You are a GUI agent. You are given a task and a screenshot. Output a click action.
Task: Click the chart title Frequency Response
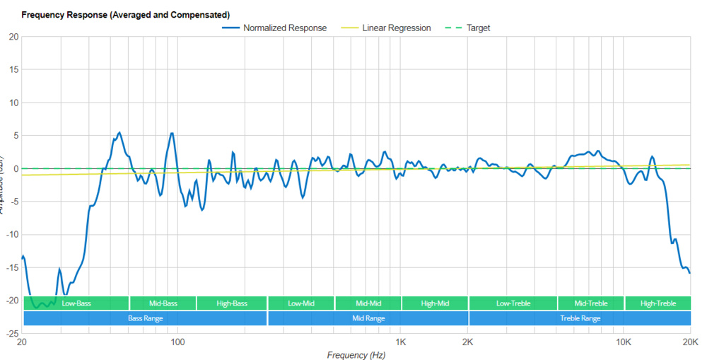click(x=126, y=14)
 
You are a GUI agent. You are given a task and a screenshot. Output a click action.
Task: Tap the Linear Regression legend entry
click(x=396, y=28)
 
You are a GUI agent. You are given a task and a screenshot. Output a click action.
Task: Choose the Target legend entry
click(x=478, y=28)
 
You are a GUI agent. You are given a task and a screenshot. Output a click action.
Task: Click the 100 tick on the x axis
click(x=177, y=342)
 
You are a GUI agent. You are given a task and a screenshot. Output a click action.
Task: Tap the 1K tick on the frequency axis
click(x=400, y=342)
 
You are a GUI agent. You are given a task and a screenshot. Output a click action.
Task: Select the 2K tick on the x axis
click(x=467, y=342)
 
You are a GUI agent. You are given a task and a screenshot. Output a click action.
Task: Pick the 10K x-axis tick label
click(x=623, y=342)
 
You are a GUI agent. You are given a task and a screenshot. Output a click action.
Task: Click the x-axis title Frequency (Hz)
click(x=356, y=354)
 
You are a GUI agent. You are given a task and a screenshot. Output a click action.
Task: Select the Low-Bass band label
click(x=76, y=303)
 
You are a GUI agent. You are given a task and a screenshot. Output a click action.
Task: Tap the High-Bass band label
click(x=232, y=303)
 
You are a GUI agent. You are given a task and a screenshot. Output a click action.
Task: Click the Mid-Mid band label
click(x=368, y=303)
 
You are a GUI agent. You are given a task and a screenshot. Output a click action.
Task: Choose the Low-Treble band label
click(x=513, y=303)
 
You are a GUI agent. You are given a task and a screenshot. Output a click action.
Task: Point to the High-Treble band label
click(x=658, y=303)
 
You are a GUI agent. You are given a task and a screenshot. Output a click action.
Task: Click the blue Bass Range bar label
click(x=146, y=318)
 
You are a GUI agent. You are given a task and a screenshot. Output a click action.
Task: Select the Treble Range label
click(x=580, y=318)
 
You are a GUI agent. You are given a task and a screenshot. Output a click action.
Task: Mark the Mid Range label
click(x=368, y=318)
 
